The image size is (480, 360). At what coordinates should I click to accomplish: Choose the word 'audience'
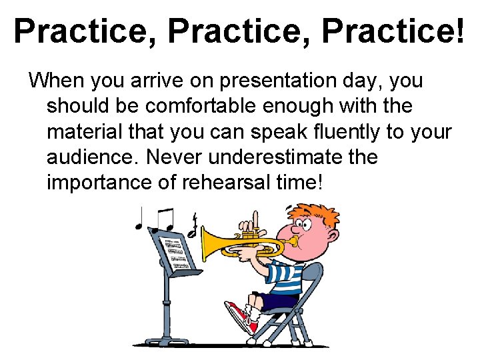91,157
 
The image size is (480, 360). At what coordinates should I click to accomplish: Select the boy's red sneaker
240,315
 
